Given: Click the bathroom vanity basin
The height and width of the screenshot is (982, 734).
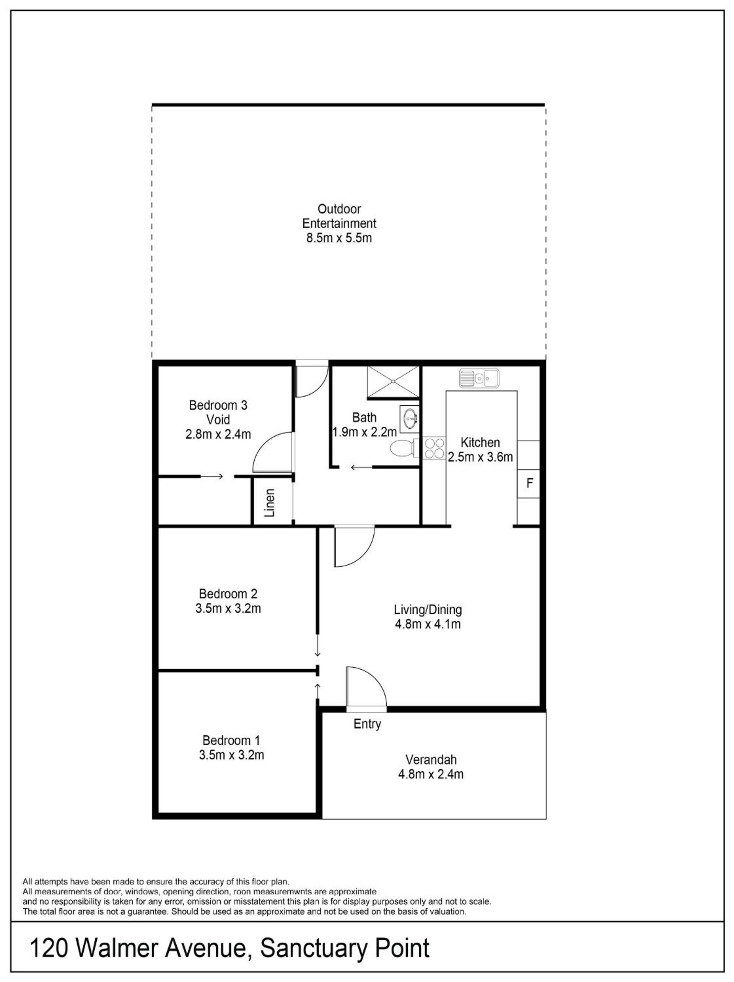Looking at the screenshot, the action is click(409, 418).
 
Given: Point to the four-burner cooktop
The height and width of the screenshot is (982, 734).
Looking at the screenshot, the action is click(434, 447).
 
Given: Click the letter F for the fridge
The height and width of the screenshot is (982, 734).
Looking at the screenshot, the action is click(529, 483).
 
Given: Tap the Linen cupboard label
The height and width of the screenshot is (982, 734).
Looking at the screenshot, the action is click(270, 502).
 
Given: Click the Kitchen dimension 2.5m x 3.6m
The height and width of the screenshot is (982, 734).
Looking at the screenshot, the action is click(480, 457).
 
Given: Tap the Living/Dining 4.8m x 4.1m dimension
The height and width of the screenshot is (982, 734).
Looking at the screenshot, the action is click(428, 624).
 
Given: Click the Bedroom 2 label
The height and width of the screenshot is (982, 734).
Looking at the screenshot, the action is click(228, 593).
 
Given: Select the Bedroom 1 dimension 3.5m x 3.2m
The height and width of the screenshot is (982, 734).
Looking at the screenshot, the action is click(231, 755).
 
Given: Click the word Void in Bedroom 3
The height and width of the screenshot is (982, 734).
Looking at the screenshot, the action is click(218, 419).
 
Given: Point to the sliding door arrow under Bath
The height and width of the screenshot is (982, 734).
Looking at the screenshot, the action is click(361, 467).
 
